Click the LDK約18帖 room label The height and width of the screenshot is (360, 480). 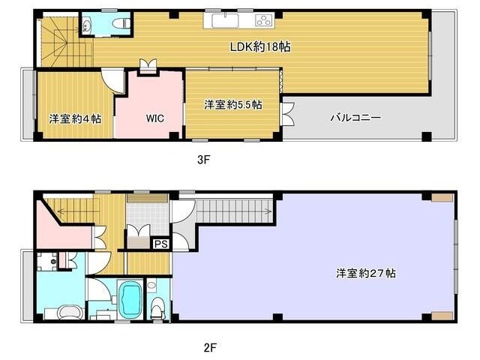pos(260,46)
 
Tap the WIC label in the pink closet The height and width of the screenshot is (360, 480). pos(155,118)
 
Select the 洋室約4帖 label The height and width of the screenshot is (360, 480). pos(75,118)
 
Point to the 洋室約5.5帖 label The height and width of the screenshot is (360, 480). pos(233,105)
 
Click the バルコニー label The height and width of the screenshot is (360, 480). pos(355,118)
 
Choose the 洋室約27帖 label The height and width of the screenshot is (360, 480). pos(366,273)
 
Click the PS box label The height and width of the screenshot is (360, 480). pos(161,244)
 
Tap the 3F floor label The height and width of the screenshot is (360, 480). pos(203,160)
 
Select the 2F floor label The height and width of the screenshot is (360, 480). pos(210,347)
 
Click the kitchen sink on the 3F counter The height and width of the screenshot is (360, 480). pos(226,21)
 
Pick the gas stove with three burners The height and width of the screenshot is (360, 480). pos(264,21)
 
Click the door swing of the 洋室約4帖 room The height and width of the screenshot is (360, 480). pos(112,80)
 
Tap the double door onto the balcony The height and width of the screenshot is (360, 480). pos(288,114)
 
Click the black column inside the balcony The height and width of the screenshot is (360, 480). pos(427,136)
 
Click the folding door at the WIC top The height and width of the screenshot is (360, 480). pos(148,65)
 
